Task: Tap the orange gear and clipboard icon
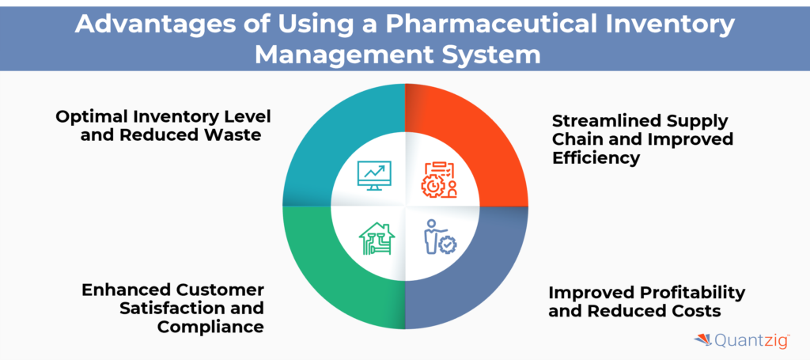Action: click(x=437, y=179)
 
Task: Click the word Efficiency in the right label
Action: click(x=596, y=157)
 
